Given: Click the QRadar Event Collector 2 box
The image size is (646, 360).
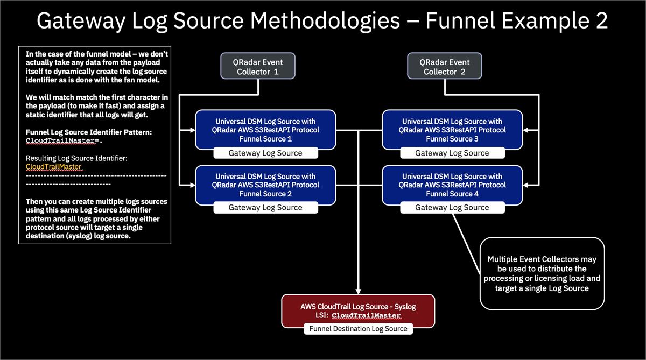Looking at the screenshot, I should point(445,67).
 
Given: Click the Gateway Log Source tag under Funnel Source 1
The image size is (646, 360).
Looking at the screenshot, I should point(265,153).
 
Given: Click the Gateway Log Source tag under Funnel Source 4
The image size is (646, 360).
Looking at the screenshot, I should point(452,208).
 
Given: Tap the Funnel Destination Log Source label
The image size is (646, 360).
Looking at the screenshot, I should point(358,329).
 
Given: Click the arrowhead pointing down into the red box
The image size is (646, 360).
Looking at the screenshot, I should point(358,290).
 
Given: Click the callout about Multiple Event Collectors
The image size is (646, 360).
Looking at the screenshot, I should point(542,273).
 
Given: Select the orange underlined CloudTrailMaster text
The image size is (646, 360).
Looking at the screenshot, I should point(54,167).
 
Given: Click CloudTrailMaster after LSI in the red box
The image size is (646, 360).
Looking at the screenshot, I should point(366,316).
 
